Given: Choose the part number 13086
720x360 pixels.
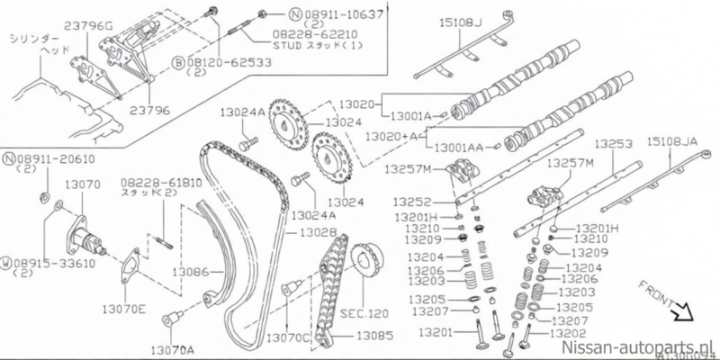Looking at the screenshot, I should point(192,270).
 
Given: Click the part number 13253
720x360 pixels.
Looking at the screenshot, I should point(614,143).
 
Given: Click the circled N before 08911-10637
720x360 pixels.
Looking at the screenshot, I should point(294,14).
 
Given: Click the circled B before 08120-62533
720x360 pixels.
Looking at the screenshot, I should point(179,65).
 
